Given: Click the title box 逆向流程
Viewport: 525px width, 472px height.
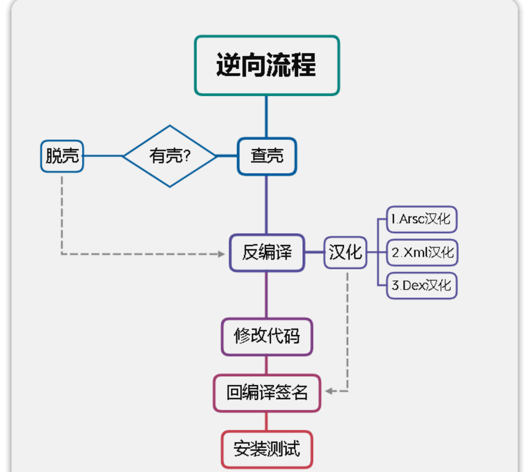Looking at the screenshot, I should [267, 65].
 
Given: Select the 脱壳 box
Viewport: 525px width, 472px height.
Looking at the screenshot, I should [62, 156].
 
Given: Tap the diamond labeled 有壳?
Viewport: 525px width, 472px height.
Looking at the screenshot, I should [170, 156].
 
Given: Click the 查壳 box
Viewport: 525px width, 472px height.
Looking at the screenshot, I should [267, 156].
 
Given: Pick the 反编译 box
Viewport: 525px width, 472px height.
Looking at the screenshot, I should [267, 253].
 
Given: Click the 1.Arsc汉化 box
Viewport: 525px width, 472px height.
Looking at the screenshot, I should [421, 219].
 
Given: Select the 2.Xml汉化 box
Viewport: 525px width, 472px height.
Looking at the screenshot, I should [421, 253].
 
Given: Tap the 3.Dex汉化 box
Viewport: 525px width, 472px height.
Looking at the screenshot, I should [421, 286].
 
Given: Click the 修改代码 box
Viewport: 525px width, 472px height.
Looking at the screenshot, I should [267, 337].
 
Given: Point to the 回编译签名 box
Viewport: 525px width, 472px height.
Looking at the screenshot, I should [267, 393].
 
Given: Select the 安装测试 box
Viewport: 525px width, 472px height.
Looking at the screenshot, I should [267, 449].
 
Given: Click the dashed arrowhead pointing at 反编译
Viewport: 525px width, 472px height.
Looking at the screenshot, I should [221, 254].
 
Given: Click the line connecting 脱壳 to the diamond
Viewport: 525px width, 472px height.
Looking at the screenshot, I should [103, 156].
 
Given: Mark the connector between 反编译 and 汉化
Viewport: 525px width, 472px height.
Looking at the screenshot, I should [315, 253].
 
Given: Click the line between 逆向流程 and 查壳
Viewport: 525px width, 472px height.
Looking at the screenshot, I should [267, 117].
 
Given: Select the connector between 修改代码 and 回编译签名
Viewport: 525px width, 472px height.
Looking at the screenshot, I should [267, 365].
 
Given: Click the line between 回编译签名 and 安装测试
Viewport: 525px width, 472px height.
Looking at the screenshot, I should [267, 421].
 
